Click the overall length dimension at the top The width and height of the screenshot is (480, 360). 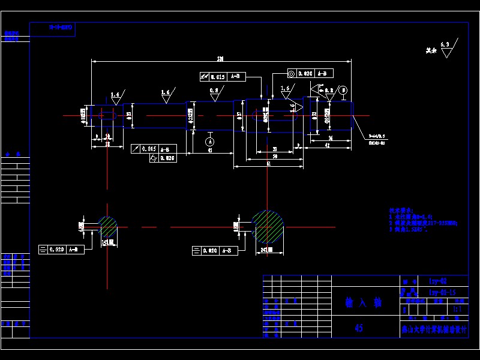[x=220, y=59]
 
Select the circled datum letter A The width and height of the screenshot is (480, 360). [x=209, y=141]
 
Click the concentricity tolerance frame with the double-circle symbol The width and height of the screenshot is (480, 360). [x=310, y=74]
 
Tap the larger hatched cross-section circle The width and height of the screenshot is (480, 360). [x=268, y=227]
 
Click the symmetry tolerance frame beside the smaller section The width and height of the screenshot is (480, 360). [x=61, y=249]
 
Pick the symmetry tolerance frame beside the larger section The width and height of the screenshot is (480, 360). [x=215, y=250]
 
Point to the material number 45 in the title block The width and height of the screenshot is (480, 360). [x=359, y=328]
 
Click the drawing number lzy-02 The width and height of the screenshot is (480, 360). [x=437, y=281]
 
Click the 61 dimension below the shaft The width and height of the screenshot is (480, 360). [x=268, y=164]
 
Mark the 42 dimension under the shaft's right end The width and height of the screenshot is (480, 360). [x=327, y=145]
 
